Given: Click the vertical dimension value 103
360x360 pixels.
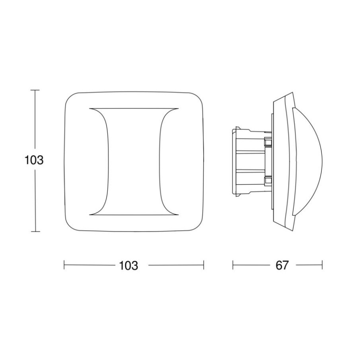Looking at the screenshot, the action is click(x=34, y=160).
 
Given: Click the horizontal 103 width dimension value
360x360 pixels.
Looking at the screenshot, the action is click(x=128, y=265).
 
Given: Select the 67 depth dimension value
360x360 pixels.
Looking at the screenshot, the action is click(x=282, y=265).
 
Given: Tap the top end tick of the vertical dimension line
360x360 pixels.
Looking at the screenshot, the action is click(x=35, y=90).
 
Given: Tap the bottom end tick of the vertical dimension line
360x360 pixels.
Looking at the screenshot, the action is click(x=35, y=231).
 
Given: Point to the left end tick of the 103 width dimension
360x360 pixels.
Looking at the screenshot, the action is click(x=64, y=265).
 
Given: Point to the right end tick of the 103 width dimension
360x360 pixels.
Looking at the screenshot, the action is click(x=204, y=265).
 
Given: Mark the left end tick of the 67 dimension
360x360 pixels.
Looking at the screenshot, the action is click(x=233, y=265).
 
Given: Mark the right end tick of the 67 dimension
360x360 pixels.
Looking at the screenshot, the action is click(x=322, y=265).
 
